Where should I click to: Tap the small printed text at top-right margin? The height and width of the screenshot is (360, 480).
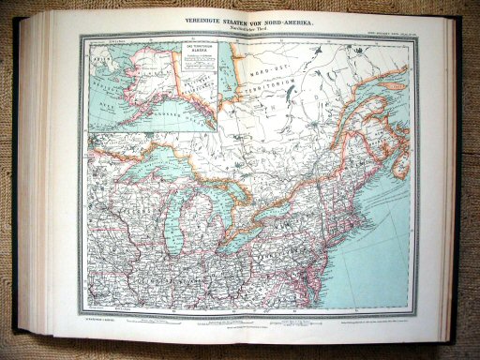[384, 37]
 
